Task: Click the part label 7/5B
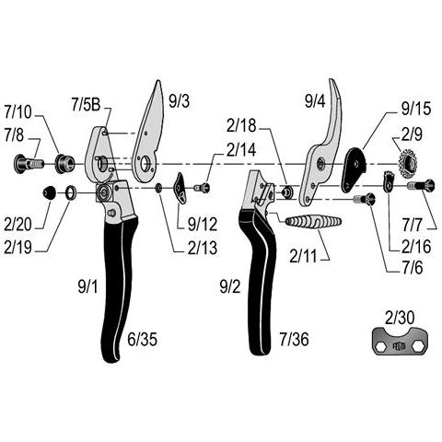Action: pyautogui.click(x=86, y=105)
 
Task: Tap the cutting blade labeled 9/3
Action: pyautogui.click(x=147, y=135)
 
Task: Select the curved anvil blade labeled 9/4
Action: pyautogui.click(x=320, y=145)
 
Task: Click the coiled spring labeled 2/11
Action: pyautogui.click(x=313, y=222)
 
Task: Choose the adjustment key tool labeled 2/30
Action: pyautogui.click(x=400, y=342)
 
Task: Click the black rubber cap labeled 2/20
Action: pyautogui.click(x=50, y=192)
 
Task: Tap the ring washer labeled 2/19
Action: pyautogui.click(x=72, y=192)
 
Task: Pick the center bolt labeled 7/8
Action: pyautogui.click(x=29, y=164)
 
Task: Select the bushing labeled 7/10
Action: pyautogui.click(x=64, y=163)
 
